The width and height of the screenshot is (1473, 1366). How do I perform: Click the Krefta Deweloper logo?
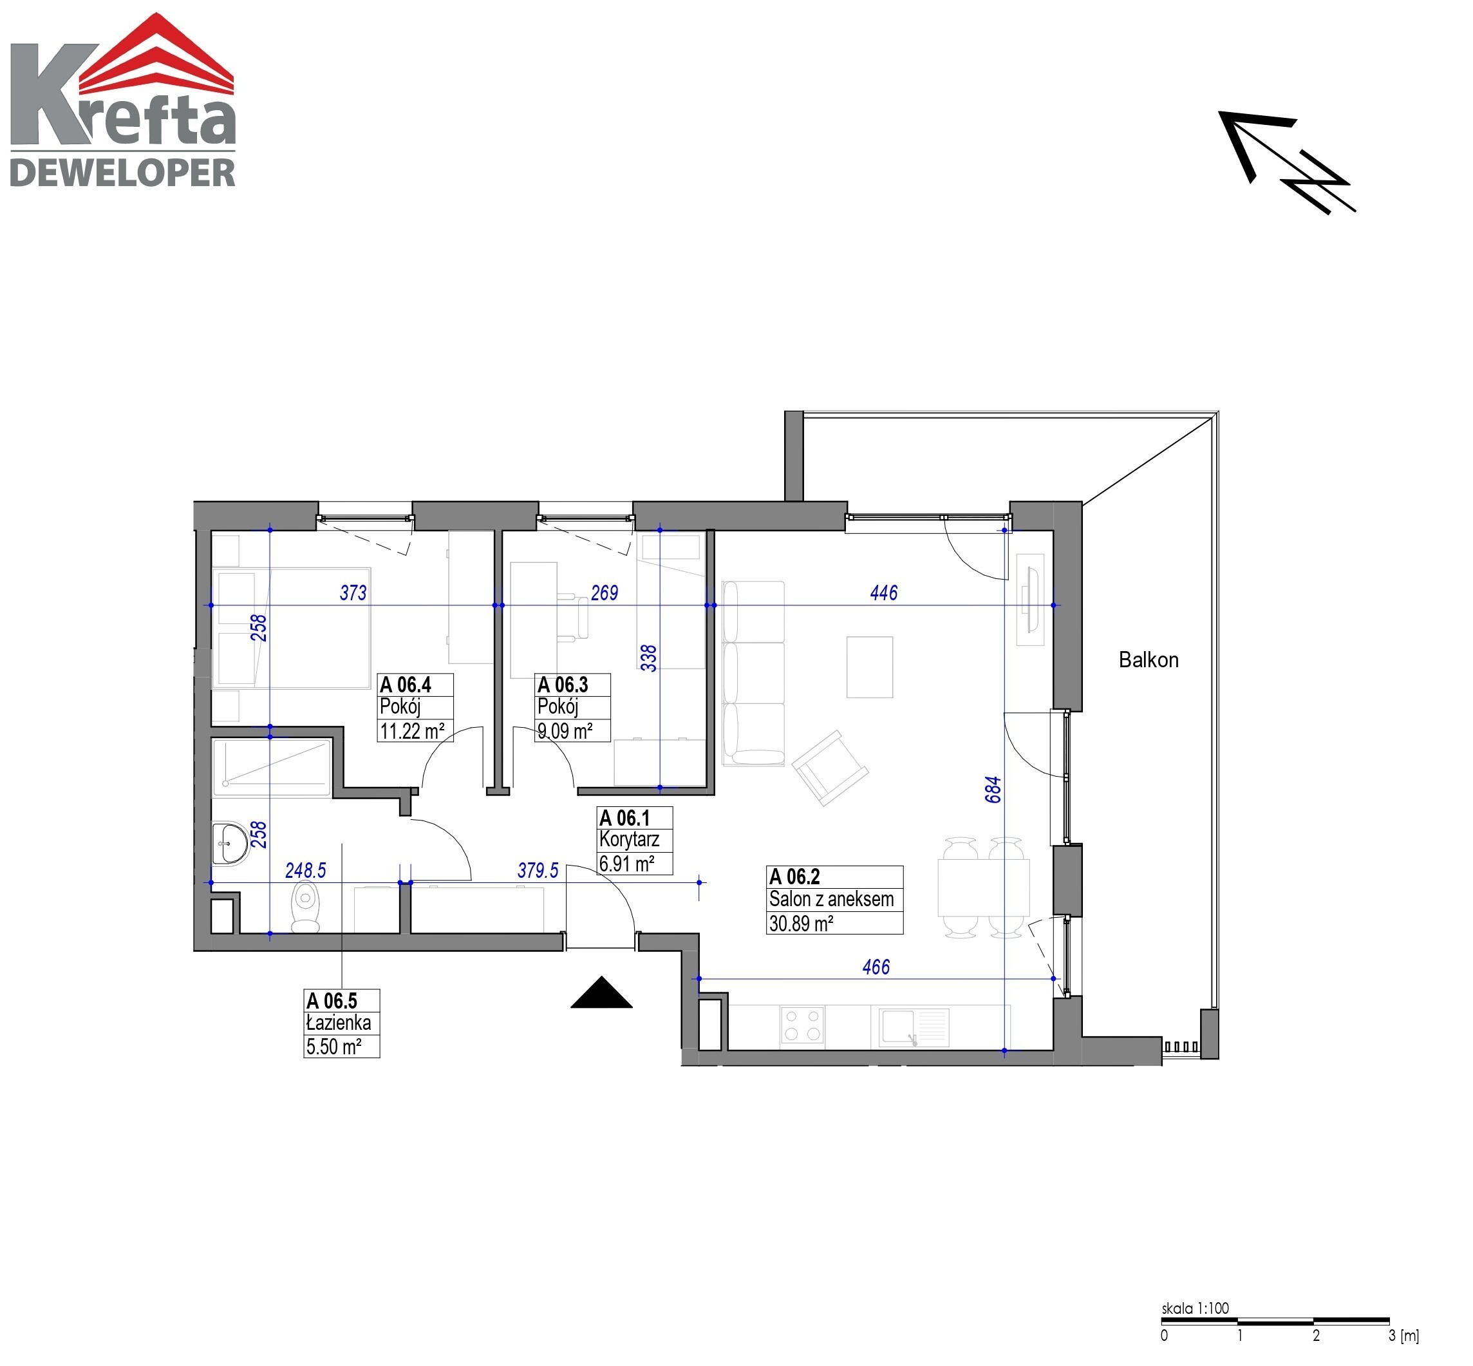pos(122,100)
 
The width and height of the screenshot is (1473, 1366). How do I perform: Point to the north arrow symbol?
pos(1286,162)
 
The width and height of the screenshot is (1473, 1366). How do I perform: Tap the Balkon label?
pos(1148,659)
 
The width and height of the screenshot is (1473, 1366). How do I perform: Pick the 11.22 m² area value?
pos(411,731)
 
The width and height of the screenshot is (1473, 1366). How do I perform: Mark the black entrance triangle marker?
pos(601,992)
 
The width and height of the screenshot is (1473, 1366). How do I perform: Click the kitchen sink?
pos(914,1027)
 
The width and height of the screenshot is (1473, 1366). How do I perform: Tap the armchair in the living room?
pos(830,767)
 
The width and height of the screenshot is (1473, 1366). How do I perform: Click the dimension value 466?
pos(876,967)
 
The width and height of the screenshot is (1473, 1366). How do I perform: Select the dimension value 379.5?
pos(538,870)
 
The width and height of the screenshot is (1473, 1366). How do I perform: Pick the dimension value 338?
pos(648,658)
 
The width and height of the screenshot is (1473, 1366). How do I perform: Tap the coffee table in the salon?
pos(870,667)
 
